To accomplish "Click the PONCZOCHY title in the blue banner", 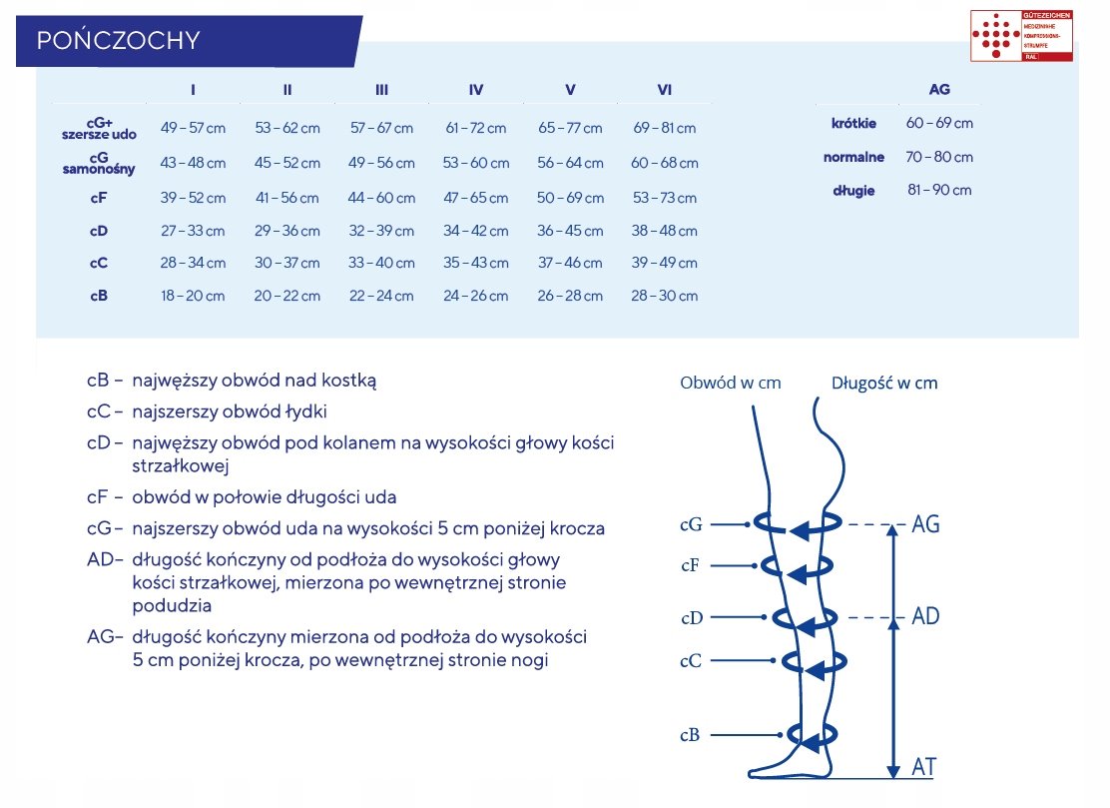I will pos(118,40).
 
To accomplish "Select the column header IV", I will pos(475,90).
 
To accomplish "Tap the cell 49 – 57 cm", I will pos(193,128).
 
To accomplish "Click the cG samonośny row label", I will pos(98,163).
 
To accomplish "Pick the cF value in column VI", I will pos(665,198).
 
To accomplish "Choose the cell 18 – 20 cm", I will pos(193,296).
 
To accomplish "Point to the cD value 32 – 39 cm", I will pos(382,231).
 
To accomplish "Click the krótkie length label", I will pos(853,124).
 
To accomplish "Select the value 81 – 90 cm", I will pos(939,190).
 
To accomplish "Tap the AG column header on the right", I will pos(939,89).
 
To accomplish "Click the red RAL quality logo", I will pos(1021,37).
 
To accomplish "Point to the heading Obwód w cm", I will pos(730,383).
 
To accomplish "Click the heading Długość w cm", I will pos(884,383).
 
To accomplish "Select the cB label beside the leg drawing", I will pos(690,735).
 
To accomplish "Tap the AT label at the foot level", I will pos(924,767).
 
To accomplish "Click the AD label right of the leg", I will pos(925,616).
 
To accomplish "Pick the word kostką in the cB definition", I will pos(349,381).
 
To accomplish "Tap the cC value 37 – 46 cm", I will pos(570,264).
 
